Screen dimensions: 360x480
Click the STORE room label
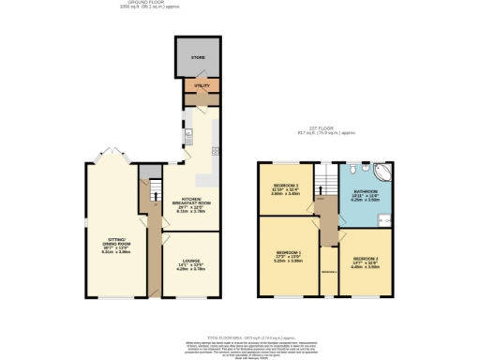point(198,58)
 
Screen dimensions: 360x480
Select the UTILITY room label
point(201,87)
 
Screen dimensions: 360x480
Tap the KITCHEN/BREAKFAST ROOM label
point(191,202)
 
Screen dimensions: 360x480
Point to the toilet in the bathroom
point(349,172)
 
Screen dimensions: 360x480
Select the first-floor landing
point(326,220)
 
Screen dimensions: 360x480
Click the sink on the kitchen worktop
point(216,151)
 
